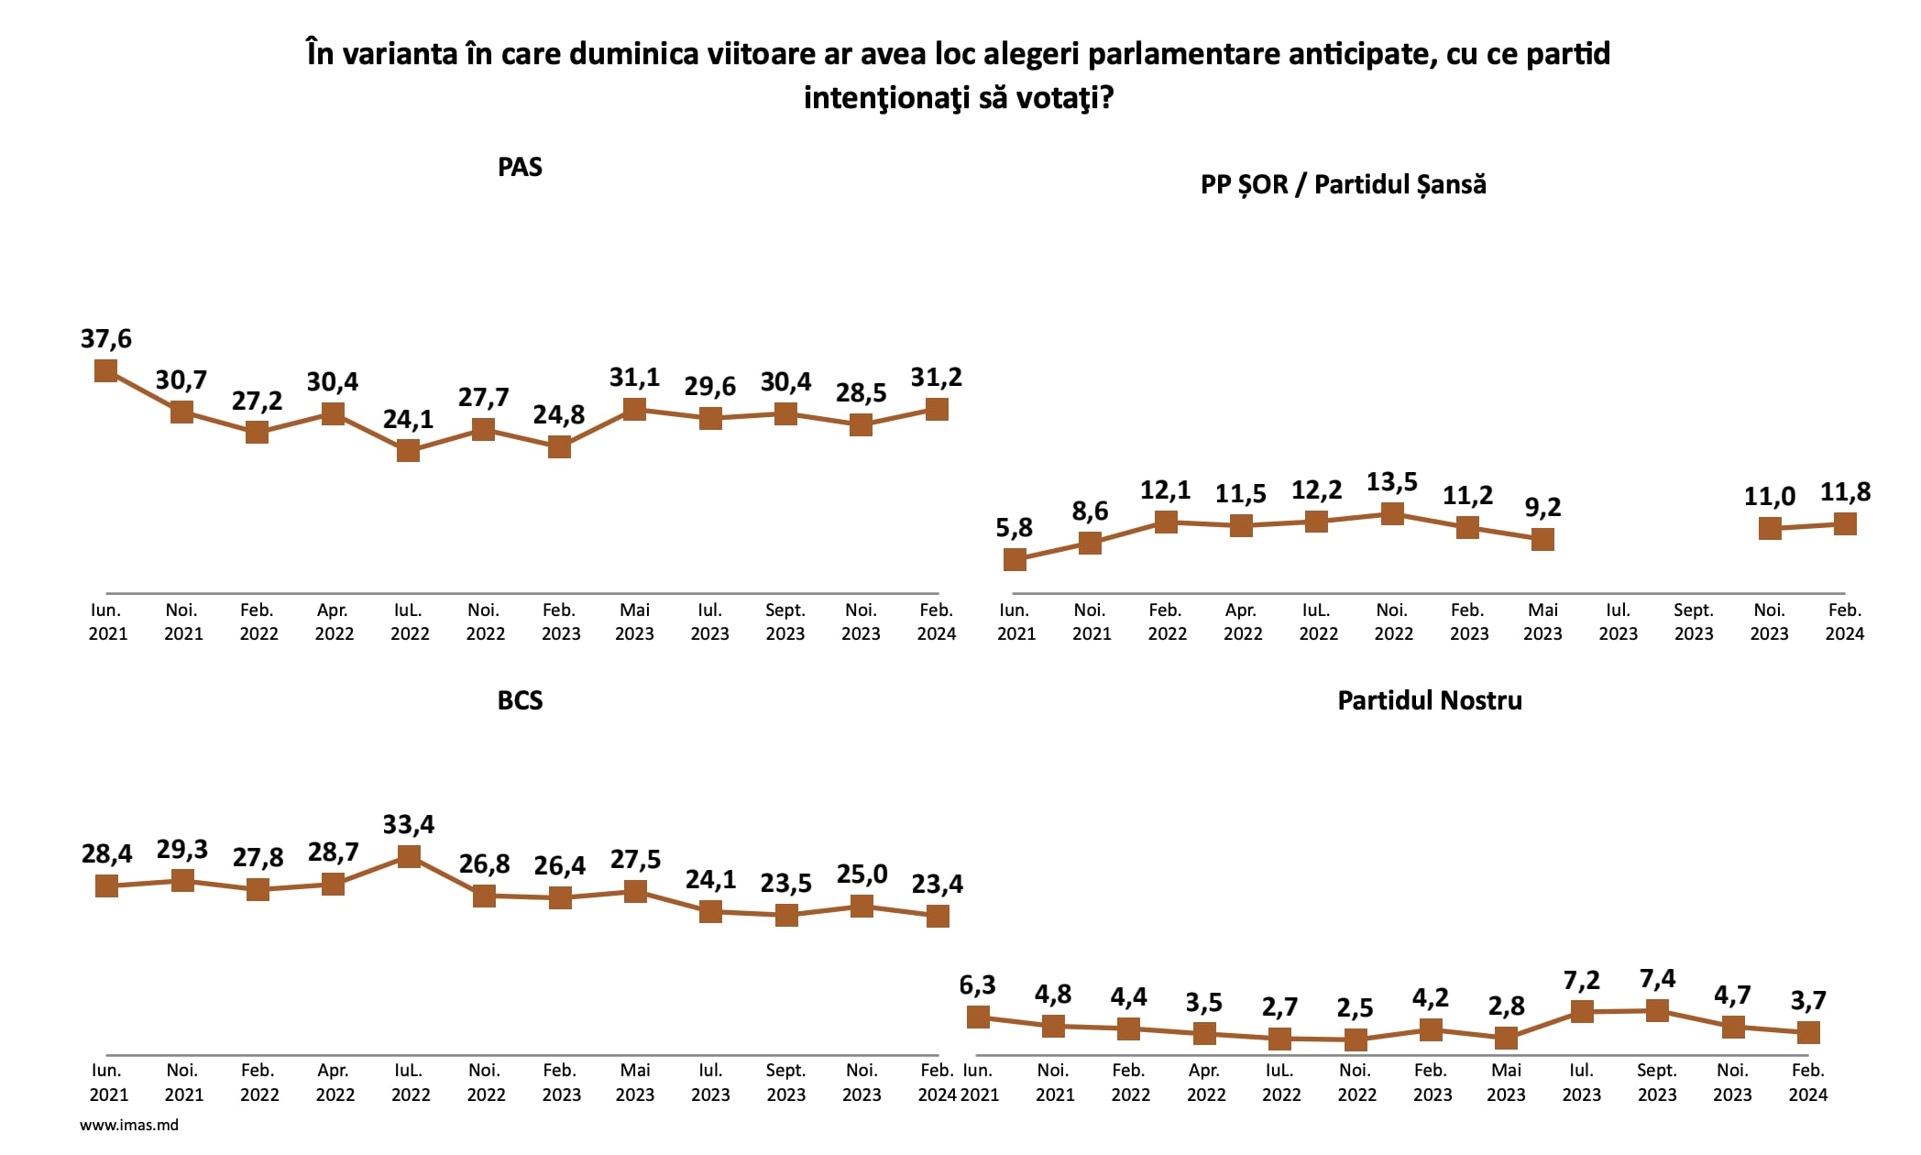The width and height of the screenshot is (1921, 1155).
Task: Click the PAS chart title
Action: pos(520,167)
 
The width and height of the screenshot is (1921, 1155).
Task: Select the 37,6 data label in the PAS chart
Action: pos(106,339)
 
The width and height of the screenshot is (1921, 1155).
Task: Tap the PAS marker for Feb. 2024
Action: pos(937,409)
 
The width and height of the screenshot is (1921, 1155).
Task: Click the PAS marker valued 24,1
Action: pos(408,450)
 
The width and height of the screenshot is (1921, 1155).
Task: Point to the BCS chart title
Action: pos(520,700)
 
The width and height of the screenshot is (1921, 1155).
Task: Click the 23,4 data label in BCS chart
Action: pos(937,884)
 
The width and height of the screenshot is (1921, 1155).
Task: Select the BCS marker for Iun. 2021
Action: pos(107,885)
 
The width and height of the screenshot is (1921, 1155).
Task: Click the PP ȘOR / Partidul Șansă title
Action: pos(1343,184)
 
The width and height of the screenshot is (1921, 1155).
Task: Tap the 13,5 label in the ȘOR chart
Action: pos(1391,482)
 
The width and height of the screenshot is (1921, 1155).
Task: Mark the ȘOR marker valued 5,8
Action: pos(1015,559)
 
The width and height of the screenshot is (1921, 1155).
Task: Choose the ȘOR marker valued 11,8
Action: pos(1845,523)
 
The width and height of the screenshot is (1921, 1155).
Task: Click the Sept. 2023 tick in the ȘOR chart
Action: pos(1693,621)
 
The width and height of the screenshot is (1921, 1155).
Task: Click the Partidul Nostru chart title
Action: pos(1429,700)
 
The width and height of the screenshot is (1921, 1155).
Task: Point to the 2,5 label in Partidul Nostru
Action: pos(1355,1008)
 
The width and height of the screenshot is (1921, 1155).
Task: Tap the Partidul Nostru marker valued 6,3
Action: pos(978,1017)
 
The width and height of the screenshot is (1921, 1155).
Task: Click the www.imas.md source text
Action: pos(129,1125)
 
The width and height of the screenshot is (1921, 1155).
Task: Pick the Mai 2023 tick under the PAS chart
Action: pos(634,621)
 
